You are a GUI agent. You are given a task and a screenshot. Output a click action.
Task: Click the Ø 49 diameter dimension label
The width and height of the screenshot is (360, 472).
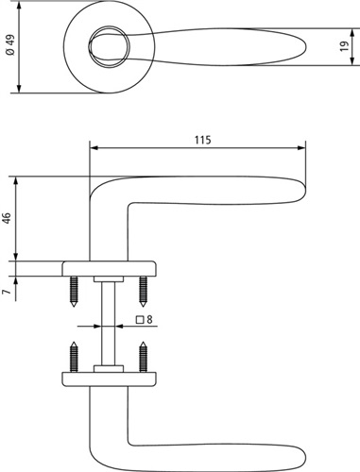coord(10,45)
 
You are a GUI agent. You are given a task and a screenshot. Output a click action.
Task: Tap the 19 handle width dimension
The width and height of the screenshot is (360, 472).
coord(345,46)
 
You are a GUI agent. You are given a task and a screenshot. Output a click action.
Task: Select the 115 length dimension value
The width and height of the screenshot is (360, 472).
coord(202,140)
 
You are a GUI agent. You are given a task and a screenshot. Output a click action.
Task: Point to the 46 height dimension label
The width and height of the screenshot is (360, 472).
coord(7,218)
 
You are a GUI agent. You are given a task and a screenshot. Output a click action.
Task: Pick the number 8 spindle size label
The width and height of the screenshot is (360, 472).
coord(149,320)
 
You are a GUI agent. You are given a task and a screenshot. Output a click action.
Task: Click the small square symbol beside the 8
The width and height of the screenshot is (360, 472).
coord(141,320)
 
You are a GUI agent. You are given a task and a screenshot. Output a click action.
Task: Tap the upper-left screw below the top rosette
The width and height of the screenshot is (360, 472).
coord(74,292)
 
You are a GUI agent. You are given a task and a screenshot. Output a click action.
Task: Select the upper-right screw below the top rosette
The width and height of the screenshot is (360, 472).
coord(143,292)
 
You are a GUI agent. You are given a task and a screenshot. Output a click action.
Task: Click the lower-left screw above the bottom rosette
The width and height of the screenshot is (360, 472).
coord(74,357)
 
